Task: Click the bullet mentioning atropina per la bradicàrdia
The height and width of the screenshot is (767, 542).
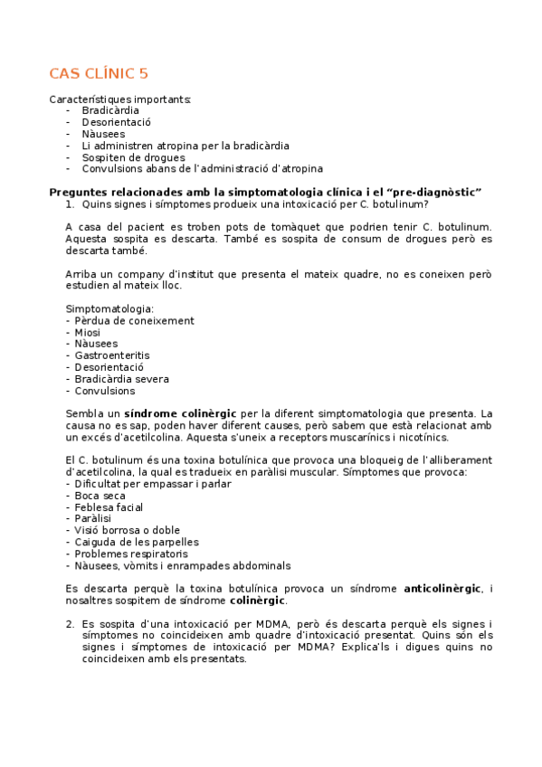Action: click(x=185, y=145)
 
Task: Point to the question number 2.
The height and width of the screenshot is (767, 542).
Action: click(x=70, y=624)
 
